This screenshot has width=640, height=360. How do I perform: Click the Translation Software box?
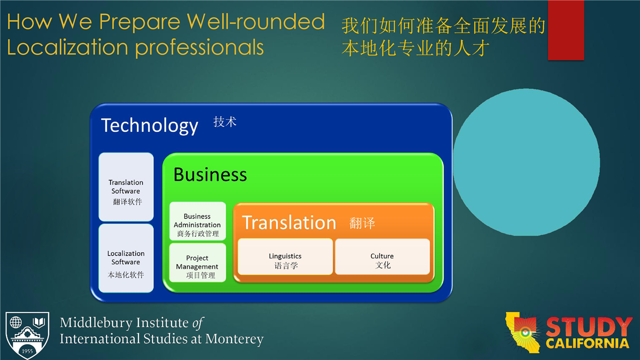126,187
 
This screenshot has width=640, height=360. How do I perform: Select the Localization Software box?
126,258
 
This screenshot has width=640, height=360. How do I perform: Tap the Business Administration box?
197,221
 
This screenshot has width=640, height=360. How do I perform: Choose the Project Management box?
197,262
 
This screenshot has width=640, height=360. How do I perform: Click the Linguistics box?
285,256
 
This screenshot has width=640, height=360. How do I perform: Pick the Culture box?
382,256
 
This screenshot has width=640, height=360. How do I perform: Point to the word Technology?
149,125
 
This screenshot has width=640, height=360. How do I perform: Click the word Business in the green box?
210,174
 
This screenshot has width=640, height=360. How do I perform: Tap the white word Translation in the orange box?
289,222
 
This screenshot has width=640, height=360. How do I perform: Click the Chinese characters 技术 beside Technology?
225,121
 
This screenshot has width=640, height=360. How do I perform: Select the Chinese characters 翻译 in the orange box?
362,223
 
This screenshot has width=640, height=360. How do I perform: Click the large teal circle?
526,162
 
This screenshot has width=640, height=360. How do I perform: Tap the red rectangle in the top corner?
566,30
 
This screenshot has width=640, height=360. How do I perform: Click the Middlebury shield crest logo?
27,335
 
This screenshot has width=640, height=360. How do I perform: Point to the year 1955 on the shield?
27,351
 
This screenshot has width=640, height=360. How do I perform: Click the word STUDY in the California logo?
588,327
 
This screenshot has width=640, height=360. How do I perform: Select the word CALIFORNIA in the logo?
587,343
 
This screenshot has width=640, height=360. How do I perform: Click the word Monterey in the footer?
234,339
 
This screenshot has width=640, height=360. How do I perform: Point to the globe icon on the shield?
15,322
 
